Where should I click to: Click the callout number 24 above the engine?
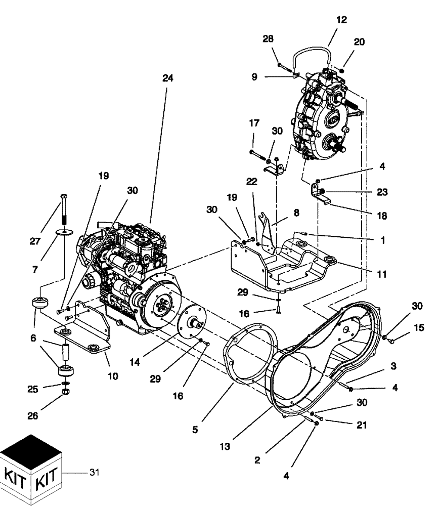[x=167, y=78]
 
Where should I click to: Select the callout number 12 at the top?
[x=341, y=20]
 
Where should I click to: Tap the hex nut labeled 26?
[x=65, y=393]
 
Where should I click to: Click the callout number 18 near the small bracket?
[x=382, y=216]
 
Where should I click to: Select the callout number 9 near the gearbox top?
[x=254, y=76]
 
